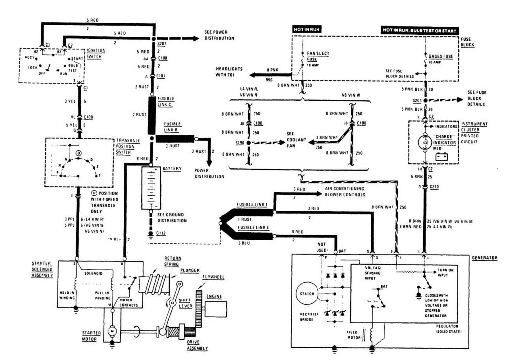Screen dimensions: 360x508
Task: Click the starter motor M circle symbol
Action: [112, 331]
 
